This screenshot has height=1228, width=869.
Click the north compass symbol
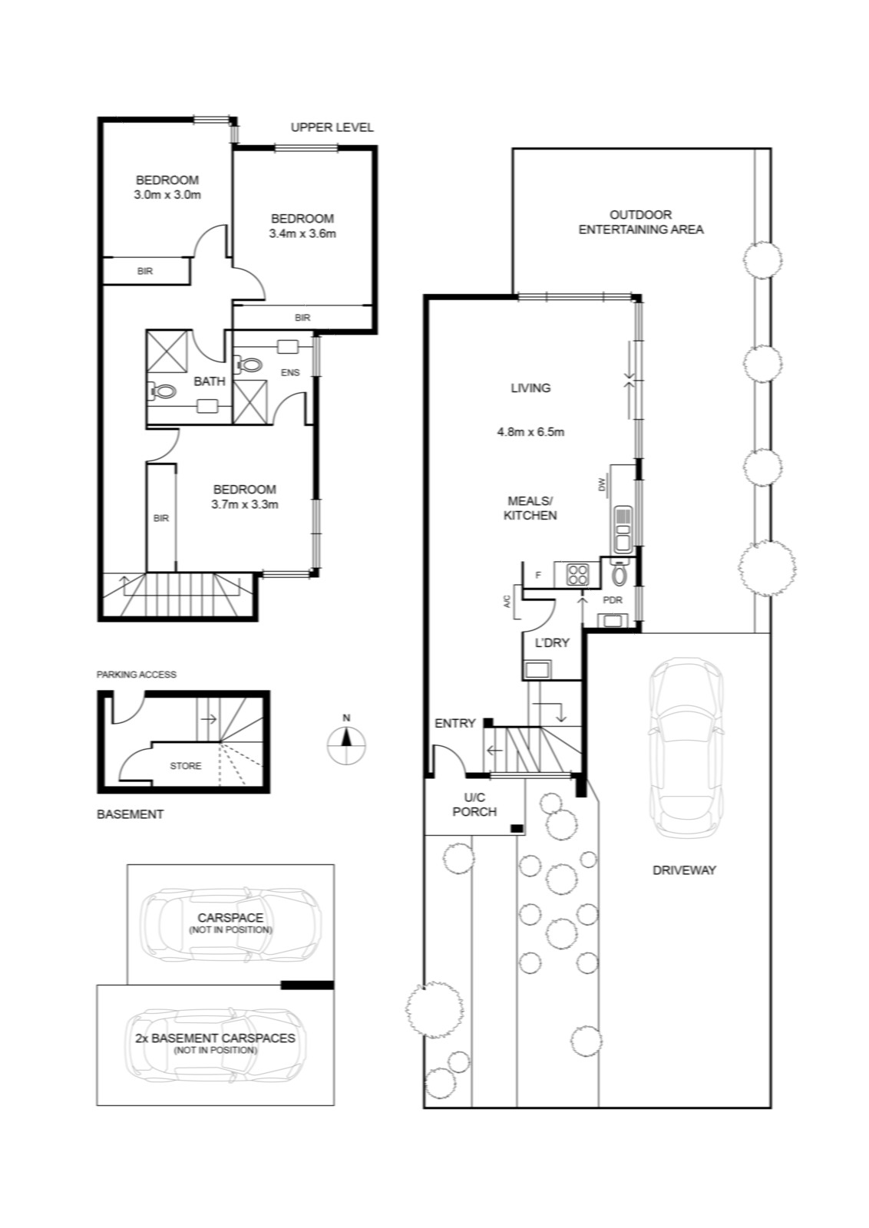tap(346, 744)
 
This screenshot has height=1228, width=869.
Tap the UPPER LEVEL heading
tap(332, 127)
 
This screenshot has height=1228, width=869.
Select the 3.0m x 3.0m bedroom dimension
tap(167, 195)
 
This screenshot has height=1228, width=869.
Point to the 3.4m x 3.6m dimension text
tap(302, 233)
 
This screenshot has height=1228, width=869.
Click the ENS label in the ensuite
tap(290, 373)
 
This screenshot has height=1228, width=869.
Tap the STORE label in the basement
tap(185, 766)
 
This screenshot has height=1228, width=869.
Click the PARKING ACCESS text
tap(137, 675)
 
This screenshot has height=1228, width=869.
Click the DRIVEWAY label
tap(684, 870)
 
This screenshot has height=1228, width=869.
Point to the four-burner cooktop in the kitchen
tap(577, 574)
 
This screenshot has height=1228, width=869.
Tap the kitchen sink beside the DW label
tap(622, 529)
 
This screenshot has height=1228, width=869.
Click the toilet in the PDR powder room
tap(619, 574)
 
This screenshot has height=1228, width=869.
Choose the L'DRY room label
tap(552, 643)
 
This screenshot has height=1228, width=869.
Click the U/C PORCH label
tap(474, 804)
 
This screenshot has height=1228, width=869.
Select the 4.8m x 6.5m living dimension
tap(530, 432)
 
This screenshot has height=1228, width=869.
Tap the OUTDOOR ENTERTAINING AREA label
tap(641, 222)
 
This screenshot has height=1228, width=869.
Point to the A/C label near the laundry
tap(507, 602)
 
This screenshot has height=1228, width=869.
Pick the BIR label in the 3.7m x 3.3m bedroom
tap(161, 518)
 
